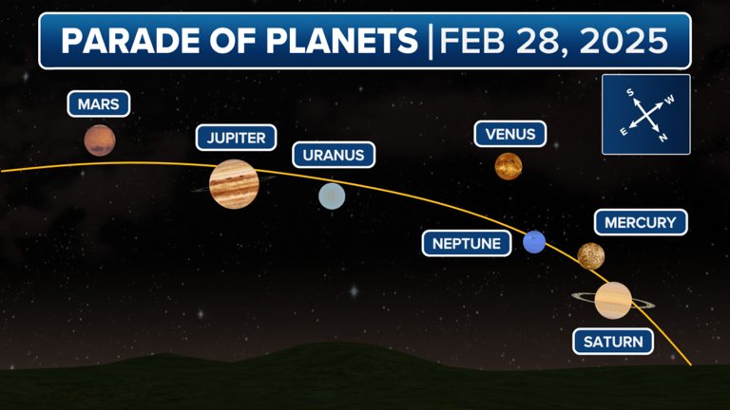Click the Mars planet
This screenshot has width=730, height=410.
pos(99,140)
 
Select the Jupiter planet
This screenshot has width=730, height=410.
pos(233,182)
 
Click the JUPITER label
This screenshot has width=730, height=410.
pos(236,138)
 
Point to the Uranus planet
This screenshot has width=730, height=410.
pos(332,196)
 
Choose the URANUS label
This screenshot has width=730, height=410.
pos(333,155)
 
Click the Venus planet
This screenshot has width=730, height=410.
pos(509,166)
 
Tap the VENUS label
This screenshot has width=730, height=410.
pos(510,134)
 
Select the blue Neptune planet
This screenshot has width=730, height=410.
pos(534,242)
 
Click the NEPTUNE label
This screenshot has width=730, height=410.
pos(466,243)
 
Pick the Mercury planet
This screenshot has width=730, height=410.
pos(591,255)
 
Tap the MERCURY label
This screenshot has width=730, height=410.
pos(640,223)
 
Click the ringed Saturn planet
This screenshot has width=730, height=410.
pos(613,300)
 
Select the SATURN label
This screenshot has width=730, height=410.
pos(613,342)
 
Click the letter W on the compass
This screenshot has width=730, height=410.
pos(669,99)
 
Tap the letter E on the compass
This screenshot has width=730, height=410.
pos(624,132)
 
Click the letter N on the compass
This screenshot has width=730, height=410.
pos(663,139)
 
